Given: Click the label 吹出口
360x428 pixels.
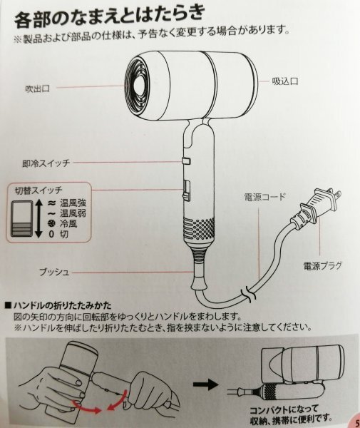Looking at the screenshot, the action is click(37, 88).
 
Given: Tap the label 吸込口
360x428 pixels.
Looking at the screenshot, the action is click(285, 81).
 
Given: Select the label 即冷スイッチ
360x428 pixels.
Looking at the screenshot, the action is click(46, 163).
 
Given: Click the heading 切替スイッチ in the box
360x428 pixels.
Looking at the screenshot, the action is click(38, 190).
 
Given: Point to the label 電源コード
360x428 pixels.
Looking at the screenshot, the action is click(264, 197).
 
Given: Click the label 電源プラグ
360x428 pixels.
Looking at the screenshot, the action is click(323, 265).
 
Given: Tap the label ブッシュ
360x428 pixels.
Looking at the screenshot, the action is click(54, 272).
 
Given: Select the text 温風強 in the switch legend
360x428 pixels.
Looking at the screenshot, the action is click(73, 203).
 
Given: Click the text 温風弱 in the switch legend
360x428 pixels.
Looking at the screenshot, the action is click(73, 213).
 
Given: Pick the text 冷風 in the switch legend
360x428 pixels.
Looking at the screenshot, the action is click(68, 223).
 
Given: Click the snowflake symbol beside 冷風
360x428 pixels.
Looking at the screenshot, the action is click(51, 224).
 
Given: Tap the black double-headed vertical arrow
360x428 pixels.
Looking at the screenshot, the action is click(38, 218).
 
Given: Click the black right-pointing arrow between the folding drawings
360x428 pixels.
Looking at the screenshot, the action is click(205, 384).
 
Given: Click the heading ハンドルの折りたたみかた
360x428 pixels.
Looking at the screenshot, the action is click(58, 305).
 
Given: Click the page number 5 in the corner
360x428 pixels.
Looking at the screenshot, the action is click(357, 423).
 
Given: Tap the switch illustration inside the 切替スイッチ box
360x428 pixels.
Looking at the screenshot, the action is click(22, 219).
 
